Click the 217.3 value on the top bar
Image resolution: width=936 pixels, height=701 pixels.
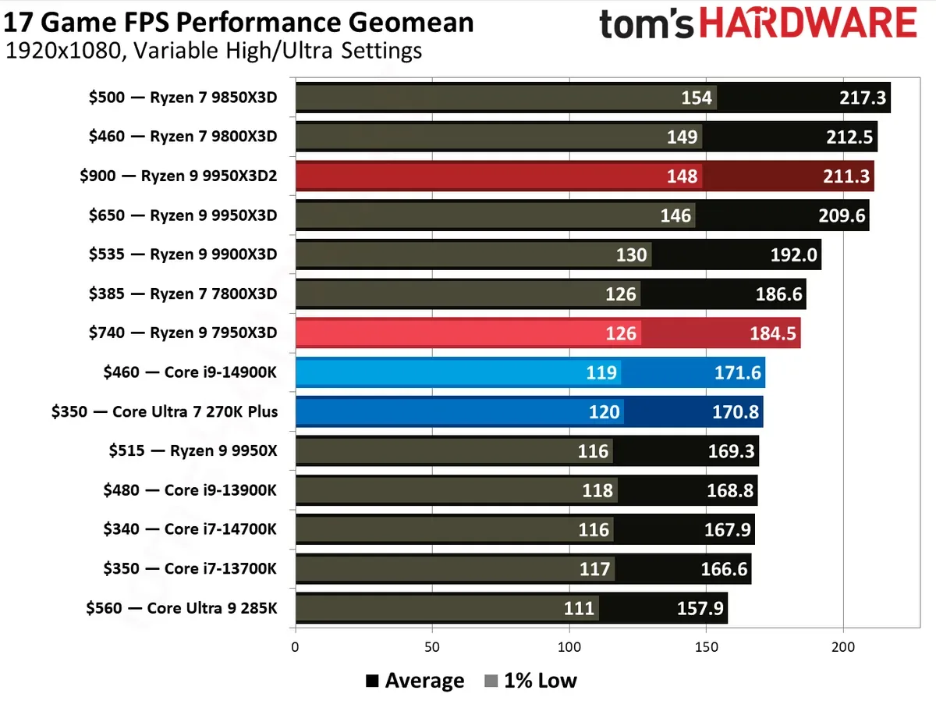(x=856, y=98)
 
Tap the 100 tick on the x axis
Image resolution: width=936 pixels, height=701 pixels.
(x=569, y=647)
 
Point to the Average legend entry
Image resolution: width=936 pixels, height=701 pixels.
(x=415, y=681)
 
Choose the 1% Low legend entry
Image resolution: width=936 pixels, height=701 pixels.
(x=530, y=681)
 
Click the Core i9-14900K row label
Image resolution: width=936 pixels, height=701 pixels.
(x=190, y=372)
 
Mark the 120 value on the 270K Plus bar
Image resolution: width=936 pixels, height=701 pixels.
(x=604, y=411)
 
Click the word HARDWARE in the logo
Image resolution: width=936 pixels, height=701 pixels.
(x=808, y=25)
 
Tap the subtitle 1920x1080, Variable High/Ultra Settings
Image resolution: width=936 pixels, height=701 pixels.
(x=214, y=52)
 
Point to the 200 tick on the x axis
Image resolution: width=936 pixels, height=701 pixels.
(x=843, y=647)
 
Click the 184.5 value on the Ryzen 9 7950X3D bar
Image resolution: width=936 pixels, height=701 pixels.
(x=774, y=333)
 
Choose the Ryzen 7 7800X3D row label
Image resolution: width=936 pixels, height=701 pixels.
(x=183, y=294)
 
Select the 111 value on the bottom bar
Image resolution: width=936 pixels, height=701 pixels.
(x=578, y=608)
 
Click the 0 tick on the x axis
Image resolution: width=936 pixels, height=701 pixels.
(x=295, y=647)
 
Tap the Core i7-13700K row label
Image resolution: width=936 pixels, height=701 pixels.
(x=190, y=568)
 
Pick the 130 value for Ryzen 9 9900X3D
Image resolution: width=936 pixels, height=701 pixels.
(x=631, y=254)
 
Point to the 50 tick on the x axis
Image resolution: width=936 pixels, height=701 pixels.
(x=432, y=647)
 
